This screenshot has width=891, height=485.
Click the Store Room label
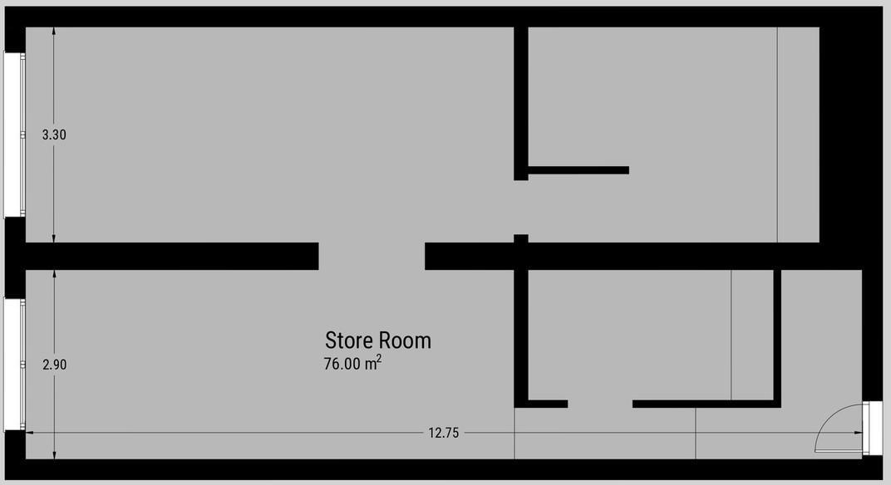click(x=378, y=340)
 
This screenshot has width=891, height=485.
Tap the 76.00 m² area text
click(x=352, y=363)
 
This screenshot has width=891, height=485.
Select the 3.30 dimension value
click(x=54, y=135)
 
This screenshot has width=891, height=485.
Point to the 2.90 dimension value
click(x=54, y=365)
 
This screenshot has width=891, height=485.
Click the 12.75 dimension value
click(x=443, y=433)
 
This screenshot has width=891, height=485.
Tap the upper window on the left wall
click(x=15, y=135)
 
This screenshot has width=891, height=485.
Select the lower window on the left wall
click(x=15, y=365)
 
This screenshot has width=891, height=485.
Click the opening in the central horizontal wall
click(x=372, y=256)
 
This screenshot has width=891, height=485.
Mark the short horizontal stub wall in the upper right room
click(x=578, y=169)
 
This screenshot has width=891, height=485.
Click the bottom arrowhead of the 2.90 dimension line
click(x=54, y=455)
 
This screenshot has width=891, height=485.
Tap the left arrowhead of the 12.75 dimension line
click(x=30, y=433)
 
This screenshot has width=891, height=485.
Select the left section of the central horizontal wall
click(x=172, y=256)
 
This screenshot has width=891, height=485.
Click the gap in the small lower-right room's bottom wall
click(x=600, y=404)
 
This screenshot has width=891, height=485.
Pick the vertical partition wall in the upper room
click(x=521, y=103)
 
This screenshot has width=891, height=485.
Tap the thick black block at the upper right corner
click(x=841, y=135)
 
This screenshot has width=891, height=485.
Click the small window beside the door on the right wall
click(x=869, y=429)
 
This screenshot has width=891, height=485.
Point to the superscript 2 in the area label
click(x=379, y=359)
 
